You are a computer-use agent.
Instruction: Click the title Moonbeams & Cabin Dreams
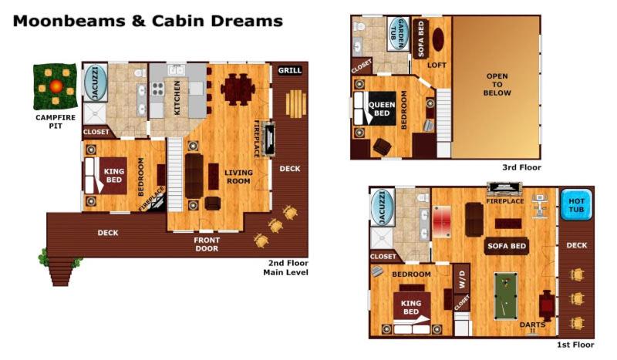tap(147, 21)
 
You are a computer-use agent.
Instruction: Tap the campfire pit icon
tap(55, 87)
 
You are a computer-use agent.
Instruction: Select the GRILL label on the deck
tap(290, 70)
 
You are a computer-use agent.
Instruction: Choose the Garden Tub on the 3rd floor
tap(396, 33)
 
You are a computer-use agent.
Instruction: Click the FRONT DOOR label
tap(207, 245)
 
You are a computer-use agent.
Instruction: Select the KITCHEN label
tap(177, 97)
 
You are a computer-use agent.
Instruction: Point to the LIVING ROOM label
tap(238, 177)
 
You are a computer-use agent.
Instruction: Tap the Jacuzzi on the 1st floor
tap(383, 210)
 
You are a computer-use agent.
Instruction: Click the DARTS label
tap(532, 325)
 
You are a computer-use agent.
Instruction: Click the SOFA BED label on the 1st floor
tap(506, 247)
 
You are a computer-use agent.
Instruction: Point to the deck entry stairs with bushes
tap(59, 267)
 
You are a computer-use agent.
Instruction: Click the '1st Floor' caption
tap(575, 345)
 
